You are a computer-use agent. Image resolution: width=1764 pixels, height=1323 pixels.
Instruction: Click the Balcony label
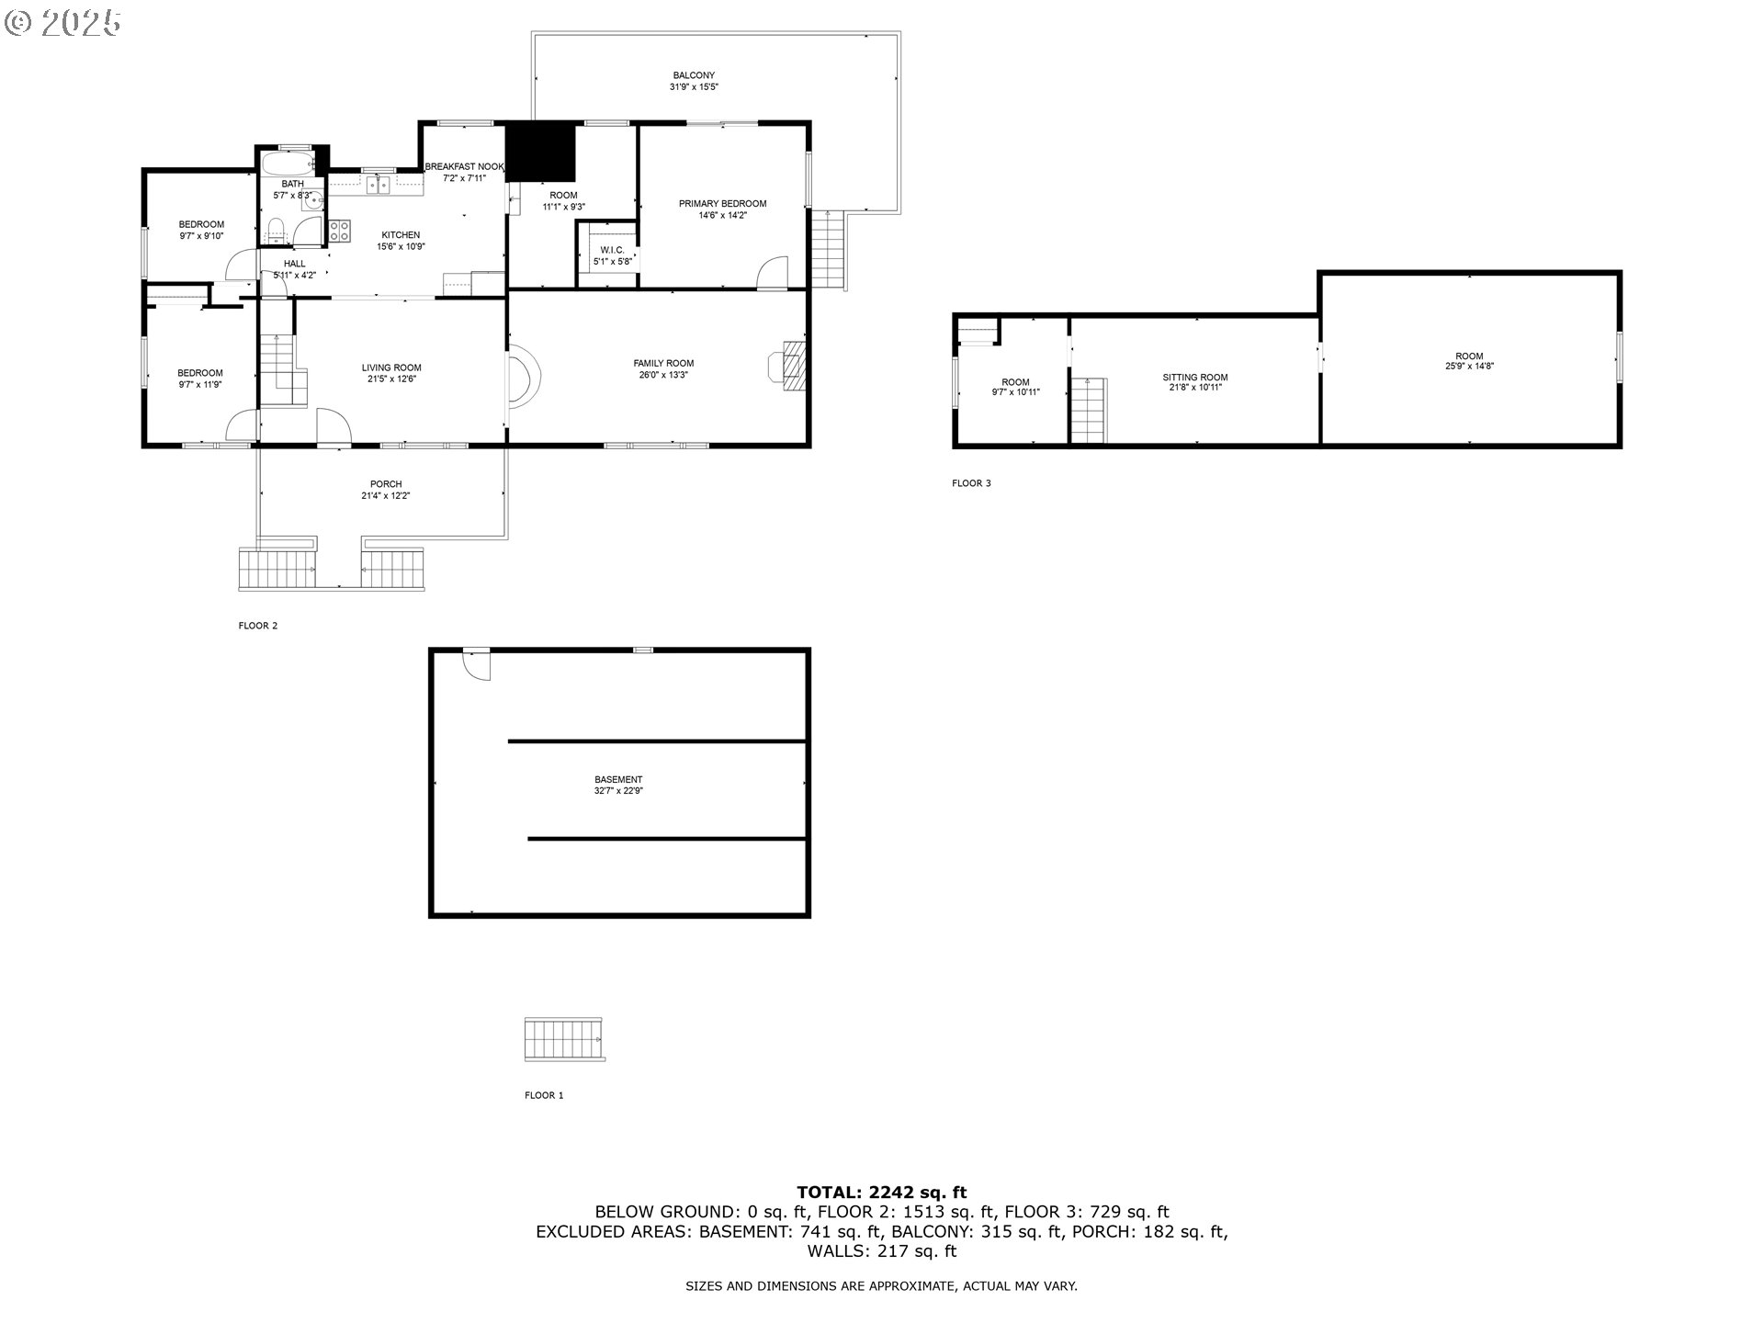click(x=694, y=75)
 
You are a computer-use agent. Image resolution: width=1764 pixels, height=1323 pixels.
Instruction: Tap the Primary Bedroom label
click(x=722, y=204)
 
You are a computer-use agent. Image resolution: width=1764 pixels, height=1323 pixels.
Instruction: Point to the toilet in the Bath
click(x=276, y=231)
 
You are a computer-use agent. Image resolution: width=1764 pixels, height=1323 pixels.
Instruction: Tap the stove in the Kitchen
click(x=339, y=231)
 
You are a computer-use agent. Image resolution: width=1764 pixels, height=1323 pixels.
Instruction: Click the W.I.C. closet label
click(x=612, y=250)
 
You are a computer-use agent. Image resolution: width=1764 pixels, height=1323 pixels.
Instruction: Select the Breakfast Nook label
click(x=464, y=166)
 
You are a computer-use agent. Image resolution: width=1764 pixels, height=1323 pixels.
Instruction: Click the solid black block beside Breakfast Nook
click(x=541, y=152)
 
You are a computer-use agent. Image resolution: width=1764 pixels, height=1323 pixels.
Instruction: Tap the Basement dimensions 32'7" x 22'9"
click(x=618, y=791)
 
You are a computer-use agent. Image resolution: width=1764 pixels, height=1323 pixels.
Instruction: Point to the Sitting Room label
click(x=1194, y=378)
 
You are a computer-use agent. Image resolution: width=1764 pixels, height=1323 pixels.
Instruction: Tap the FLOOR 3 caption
click(x=971, y=483)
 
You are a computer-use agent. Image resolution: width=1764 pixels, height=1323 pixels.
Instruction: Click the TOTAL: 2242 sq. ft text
click(x=881, y=1193)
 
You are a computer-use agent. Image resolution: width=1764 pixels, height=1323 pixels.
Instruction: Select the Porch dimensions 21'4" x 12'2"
click(x=386, y=496)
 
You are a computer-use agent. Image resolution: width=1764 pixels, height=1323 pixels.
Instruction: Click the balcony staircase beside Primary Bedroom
click(x=829, y=249)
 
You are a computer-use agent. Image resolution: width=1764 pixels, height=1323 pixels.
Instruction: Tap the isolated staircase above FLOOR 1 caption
click(x=564, y=1039)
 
